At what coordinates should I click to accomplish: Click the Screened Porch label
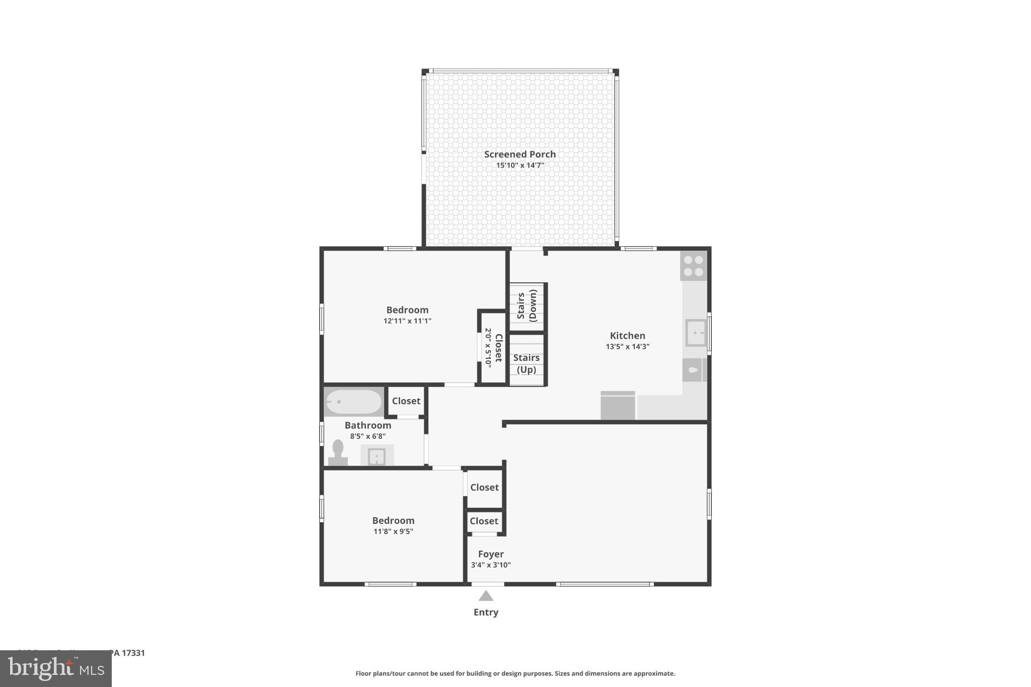point(520,155)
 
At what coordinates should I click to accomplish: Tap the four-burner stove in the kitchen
point(693,266)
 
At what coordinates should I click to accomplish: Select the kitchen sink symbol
point(696,333)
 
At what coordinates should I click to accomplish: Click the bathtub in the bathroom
point(353,402)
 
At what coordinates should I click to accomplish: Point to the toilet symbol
point(338,452)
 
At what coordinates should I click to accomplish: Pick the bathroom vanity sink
point(377,456)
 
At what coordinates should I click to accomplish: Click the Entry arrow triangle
point(486,596)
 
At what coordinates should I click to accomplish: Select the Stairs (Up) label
point(526,363)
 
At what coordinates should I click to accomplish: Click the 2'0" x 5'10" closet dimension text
point(488,347)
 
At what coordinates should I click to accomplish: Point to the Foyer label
point(491,554)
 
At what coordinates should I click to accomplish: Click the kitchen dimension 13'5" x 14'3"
point(627,347)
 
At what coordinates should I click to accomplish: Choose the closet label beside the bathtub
point(406,401)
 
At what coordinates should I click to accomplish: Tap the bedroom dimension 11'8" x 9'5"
point(393,531)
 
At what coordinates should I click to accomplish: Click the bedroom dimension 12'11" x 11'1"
point(407,321)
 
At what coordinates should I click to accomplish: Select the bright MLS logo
point(55,668)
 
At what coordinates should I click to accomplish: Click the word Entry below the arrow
point(486,613)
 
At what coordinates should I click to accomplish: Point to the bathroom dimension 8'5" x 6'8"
point(367,436)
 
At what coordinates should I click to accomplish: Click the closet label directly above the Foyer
point(484,521)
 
